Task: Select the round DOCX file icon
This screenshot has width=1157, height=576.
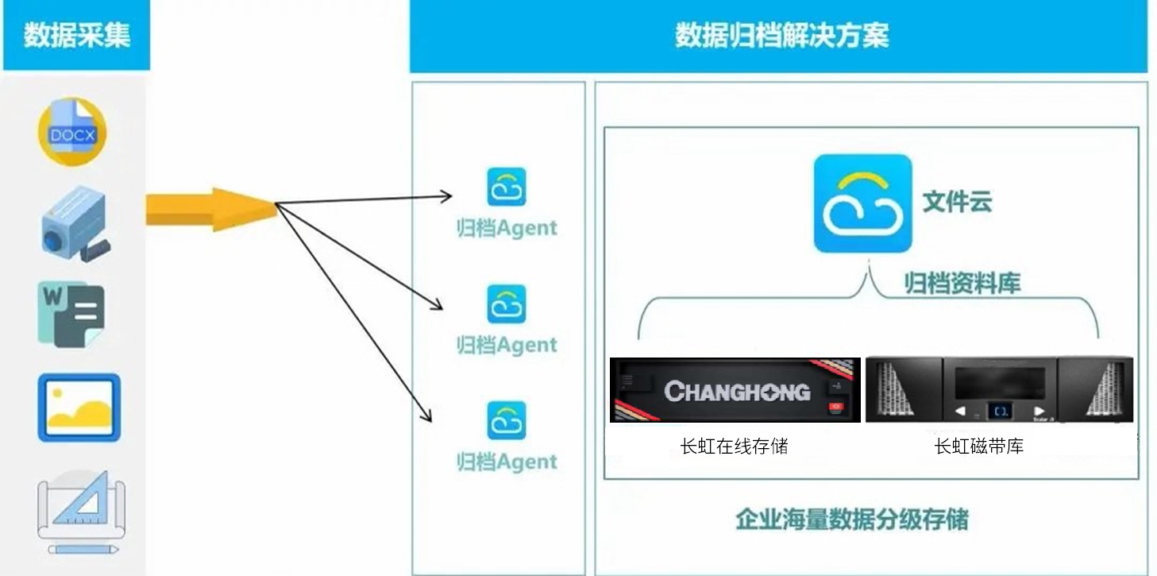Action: (x=72, y=132)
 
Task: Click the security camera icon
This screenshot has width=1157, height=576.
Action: (x=73, y=222)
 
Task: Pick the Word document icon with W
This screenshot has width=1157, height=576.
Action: (x=71, y=313)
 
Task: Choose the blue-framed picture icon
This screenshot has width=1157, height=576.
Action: (x=79, y=407)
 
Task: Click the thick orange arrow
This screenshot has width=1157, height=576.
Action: (x=208, y=209)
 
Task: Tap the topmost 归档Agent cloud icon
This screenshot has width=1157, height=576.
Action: (x=506, y=187)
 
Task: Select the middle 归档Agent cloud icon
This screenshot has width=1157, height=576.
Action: (x=506, y=304)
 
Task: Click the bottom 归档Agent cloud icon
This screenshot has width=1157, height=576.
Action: (x=506, y=421)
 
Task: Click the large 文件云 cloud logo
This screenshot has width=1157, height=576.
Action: (x=862, y=203)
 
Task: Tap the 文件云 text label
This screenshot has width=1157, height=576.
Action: (x=957, y=202)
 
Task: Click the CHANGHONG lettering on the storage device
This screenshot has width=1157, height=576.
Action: (x=737, y=391)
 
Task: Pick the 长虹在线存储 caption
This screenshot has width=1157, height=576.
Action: (x=734, y=446)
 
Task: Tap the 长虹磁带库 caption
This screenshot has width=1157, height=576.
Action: (x=978, y=446)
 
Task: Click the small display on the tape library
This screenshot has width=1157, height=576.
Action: (x=999, y=411)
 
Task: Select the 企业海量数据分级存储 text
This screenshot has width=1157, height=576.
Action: (x=851, y=520)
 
